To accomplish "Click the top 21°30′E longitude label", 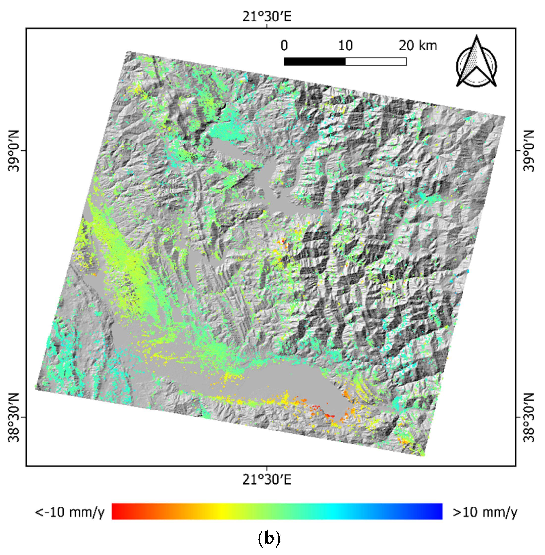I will pos(267,16).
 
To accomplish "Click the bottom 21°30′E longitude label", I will pos(267,480).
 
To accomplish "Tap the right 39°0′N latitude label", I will pos(528,151).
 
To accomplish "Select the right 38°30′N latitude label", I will pos(528,417).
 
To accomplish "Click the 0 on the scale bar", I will pos(284,46).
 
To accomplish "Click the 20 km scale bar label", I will pos(418,46).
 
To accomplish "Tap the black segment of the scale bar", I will pos(315,61).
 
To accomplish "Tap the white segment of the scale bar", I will pos(376,61).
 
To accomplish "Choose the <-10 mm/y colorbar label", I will pos(70,512).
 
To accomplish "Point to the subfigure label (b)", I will pos(269,539).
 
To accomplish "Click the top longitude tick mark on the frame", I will pos(267,26).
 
